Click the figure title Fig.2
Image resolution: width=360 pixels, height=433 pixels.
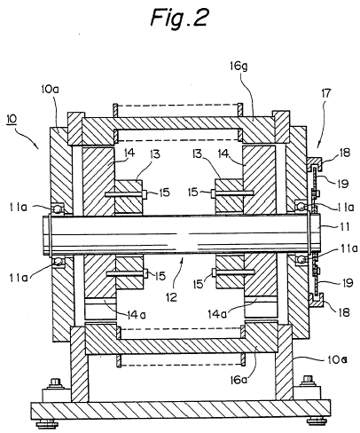pyautogui.click(x=180, y=17)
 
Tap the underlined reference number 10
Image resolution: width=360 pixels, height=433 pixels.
pyautogui.click(x=12, y=119)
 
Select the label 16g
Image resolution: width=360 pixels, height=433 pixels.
pyautogui.click(x=239, y=67)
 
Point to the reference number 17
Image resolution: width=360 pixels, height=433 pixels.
pyautogui.click(x=326, y=93)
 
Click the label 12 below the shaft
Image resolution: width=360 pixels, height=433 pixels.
pyautogui.click(x=171, y=296)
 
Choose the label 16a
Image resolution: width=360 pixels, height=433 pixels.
pyautogui.click(x=239, y=380)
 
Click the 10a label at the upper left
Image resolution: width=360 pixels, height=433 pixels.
pyautogui.click(x=50, y=89)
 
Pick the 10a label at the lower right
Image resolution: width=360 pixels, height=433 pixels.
pyautogui.click(x=337, y=359)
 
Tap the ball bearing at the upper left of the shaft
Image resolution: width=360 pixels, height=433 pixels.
pyautogui.click(x=58, y=209)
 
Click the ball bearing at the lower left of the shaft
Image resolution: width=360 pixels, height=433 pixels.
pyautogui.click(x=59, y=262)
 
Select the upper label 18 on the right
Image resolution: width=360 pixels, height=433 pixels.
pyautogui.click(x=345, y=153)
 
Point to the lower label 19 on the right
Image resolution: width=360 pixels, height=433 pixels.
pyautogui.click(x=348, y=283)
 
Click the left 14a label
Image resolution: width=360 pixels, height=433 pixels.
pyautogui.click(x=137, y=315)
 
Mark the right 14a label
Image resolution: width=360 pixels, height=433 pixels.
pyautogui.click(x=217, y=314)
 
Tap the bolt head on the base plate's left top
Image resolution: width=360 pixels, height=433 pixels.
pyautogui.click(x=55, y=382)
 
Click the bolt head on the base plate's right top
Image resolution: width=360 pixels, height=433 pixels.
pyautogui.click(x=308, y=381)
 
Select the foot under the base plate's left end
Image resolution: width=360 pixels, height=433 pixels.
pyautogui.click(x=47, y=424)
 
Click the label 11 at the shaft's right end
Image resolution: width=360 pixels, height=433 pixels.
pyautogui.click(x=345, y=227)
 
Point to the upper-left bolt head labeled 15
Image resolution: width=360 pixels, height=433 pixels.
pyautogui.click(x=145, y=193)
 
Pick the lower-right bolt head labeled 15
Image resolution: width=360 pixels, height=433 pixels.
pyautogui.click(x=214, y=272)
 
